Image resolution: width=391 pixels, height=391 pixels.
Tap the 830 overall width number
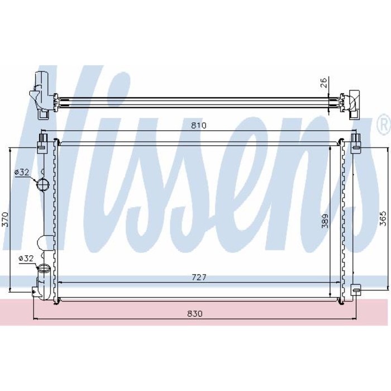coord(194,313)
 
